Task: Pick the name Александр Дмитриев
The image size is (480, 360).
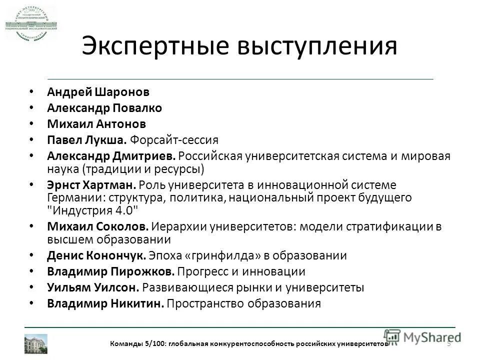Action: tap(111, 156)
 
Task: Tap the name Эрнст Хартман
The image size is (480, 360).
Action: tap(92, 184)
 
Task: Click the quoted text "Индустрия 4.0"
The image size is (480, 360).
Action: tap(91, 209)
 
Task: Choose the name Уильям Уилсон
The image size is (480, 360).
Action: tap(93, 287)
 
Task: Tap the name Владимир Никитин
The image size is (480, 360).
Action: tap(105, 303)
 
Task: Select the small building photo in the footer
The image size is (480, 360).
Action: tap(36, 343)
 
